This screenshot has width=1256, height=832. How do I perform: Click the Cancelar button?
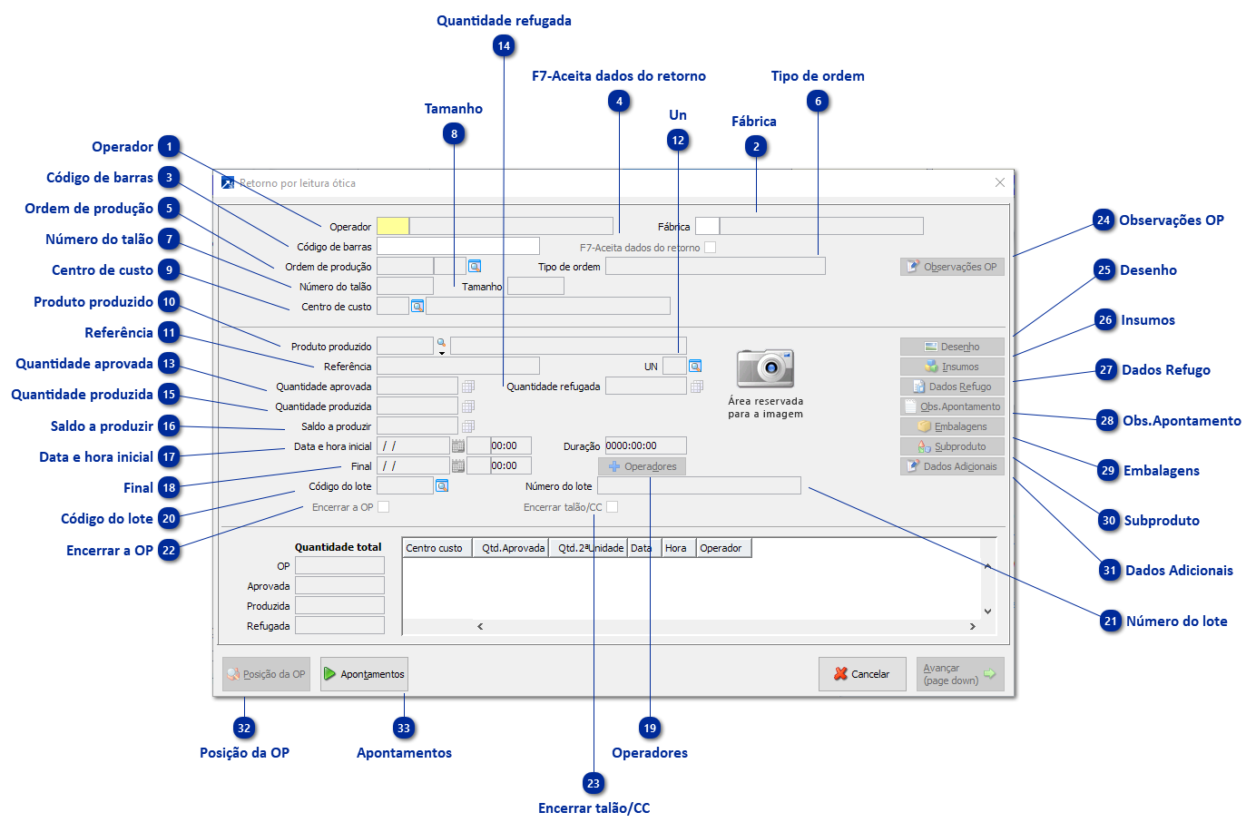862,674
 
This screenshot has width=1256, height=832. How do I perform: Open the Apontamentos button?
364,674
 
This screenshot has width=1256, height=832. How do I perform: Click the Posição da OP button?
266,674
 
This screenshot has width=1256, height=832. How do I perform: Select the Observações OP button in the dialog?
952,267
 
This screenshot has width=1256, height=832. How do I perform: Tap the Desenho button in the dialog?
952,347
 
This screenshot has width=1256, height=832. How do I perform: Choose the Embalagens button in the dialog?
952,426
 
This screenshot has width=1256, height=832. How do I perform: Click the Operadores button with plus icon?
642,466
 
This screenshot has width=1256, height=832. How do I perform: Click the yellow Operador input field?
392,226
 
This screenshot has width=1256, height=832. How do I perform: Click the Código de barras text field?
457,246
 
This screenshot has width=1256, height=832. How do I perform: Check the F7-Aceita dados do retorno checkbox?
710,247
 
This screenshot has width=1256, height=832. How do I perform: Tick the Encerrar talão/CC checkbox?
613,507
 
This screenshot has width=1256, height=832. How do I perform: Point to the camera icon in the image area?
765,368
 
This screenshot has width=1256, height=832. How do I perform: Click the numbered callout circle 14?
504,46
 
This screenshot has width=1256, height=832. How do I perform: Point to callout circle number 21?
1111,622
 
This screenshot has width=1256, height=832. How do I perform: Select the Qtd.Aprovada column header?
513,548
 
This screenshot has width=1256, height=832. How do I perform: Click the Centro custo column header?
435,548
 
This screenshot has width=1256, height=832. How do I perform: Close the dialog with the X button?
999,182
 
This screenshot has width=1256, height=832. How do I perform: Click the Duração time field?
645,445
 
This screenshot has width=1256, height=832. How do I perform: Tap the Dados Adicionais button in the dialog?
952,466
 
